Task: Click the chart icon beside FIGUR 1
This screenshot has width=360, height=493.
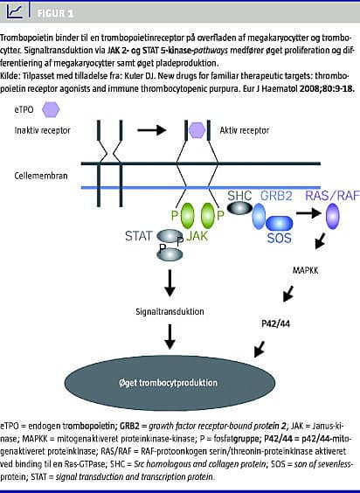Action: (15, 11)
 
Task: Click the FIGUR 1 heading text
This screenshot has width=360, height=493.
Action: (55, 13)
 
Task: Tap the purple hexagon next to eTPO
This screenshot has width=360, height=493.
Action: (51, 110)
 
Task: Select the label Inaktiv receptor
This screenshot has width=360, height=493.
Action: (43, 130)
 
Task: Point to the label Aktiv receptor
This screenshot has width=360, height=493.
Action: (245, 130)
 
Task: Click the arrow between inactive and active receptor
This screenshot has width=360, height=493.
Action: (151, 129)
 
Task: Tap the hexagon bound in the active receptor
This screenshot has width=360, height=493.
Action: (197, 130)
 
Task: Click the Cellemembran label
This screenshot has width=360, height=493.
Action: (41, 176)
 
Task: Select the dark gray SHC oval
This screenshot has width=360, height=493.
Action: (239, 208)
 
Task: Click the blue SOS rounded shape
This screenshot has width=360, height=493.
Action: (280, 224)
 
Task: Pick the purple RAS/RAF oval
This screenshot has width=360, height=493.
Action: (332, 216)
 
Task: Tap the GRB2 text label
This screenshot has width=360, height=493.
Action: (276, 196)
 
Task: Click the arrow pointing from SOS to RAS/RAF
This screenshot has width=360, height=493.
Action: (308, 213)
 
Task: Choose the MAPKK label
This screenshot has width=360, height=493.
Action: (305, 270)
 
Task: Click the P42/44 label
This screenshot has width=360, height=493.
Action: (276, 323)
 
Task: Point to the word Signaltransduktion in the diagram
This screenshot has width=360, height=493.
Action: (170, 311)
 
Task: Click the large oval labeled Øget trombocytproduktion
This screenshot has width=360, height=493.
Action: (170, 382)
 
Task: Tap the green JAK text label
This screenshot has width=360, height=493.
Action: (197, 235)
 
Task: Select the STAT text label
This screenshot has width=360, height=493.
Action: (139, 236)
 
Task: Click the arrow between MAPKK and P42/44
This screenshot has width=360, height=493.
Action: (288, 294)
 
